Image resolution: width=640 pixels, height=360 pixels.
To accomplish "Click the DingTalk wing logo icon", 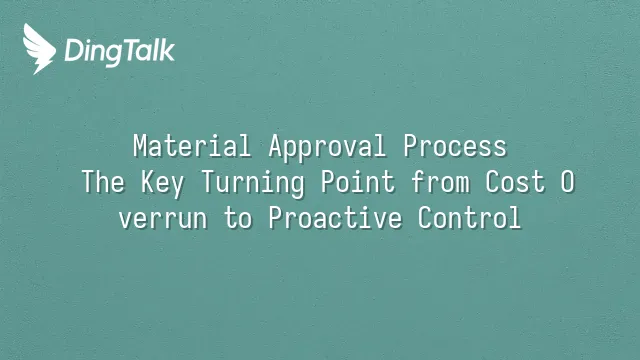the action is tap(39, 49).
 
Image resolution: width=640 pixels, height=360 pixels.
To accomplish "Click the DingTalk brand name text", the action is tap(120, 52).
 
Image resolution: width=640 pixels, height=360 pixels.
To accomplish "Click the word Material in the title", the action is tap(192, 146).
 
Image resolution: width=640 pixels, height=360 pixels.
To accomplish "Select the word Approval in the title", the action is tap(327, 147).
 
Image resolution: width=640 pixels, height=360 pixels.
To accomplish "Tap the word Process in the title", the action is tap(455, 146).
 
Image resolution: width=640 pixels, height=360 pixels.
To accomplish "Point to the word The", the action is tap(103, 182).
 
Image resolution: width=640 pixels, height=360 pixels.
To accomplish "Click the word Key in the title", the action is tap(162, 184).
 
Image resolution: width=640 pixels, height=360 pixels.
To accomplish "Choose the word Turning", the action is tap(253, 184).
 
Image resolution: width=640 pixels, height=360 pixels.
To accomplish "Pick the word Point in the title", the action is tap(358, 182).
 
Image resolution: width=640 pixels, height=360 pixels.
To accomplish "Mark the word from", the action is tap(440, 182).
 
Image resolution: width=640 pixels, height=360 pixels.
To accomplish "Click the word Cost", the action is tap(515, 182).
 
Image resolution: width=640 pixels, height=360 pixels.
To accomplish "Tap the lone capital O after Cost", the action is tap(567, 182).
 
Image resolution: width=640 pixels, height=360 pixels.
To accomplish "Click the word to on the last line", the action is tap(238, 218).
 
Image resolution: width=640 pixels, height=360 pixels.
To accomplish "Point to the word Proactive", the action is tap(336, 218).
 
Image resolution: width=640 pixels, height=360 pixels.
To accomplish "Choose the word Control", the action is tap(469, 218).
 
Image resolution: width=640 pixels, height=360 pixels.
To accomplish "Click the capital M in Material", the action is tap(140, 146).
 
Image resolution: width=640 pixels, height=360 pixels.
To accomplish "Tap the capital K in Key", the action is tap(148, 182).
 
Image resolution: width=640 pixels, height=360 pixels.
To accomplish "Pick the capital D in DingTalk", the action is tap(74, 50).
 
